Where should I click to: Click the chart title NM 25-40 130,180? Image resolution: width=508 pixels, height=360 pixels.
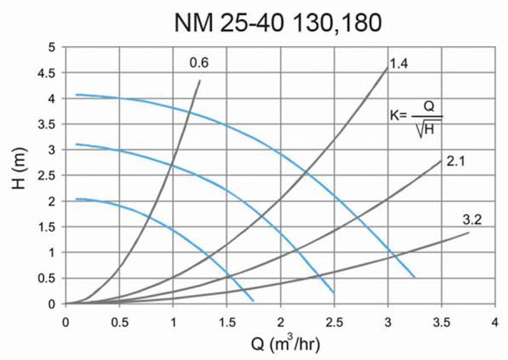(278, 23)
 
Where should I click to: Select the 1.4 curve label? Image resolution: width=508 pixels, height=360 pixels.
(399, 63)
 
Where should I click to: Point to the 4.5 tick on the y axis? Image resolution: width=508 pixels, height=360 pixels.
(49, 73)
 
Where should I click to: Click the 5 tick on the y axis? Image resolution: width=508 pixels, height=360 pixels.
(53, 48)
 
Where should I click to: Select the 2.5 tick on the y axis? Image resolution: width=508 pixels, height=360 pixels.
(49, 176)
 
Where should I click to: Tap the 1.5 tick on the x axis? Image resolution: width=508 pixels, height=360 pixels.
(227, 320)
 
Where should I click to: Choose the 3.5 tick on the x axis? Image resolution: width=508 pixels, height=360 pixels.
(442, 320)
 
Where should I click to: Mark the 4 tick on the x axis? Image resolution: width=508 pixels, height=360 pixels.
(495, 320)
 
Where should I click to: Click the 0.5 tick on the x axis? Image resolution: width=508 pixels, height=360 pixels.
(120, 320)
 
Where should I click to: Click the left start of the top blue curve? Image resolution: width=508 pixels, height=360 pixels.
(77, 94)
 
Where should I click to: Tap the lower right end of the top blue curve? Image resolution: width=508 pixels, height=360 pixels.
(414, 277)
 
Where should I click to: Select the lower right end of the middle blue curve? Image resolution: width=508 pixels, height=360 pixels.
(334, 292)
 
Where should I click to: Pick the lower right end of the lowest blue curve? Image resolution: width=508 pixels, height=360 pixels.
(253, 301)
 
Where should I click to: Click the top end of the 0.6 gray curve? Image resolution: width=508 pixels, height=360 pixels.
(200, 80)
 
